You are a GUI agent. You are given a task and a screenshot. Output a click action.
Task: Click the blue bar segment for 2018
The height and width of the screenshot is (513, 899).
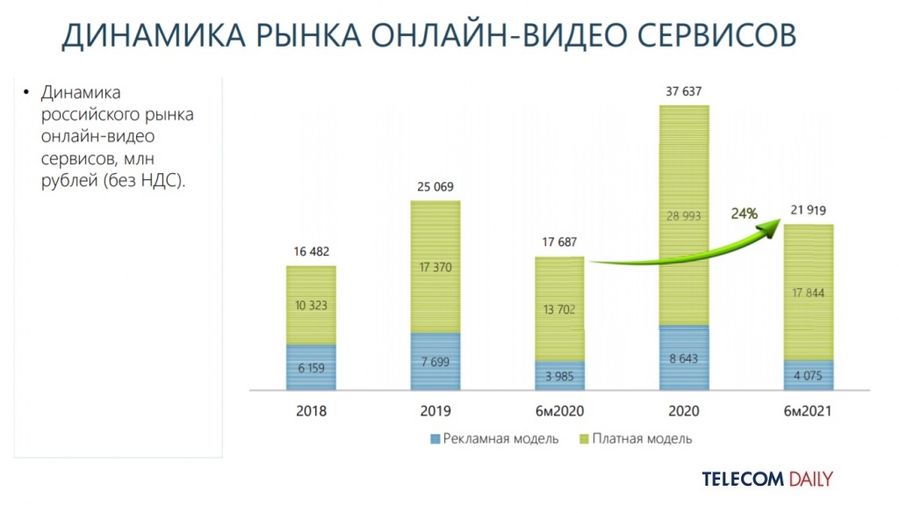pyautogui.click(x=310, y=367)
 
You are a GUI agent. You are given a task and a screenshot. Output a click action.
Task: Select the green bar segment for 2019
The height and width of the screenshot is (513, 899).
pyautogui.click(x=435, y=266)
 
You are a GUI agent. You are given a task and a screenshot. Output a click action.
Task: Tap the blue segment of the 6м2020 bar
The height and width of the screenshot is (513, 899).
pyautogui.click(x=559, y=375)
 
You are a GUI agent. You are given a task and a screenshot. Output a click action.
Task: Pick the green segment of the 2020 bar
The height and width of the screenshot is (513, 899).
pyautogui.click(x=683, y=215)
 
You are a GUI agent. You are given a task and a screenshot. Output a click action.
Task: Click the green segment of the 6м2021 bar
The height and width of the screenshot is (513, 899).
pyautogui.click(x=807, y=292)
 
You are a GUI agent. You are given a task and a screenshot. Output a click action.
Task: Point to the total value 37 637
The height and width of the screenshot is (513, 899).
pyautogui.click(x=683, y=91)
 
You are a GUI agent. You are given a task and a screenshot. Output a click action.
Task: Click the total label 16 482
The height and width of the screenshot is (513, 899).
pyautogui.click(x=311, y=252)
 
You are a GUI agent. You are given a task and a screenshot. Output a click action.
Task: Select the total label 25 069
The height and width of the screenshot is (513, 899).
pyautogui.click(x=435, y=186)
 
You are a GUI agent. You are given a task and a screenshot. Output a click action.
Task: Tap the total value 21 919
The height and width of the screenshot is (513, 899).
pyautogui.click(x=808, y=211)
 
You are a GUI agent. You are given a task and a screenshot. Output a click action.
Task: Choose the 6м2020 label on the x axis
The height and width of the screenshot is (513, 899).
pyautogui.click(x=559, y=411)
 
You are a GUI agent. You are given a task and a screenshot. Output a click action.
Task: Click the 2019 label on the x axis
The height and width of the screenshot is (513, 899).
pyautogui.click(x=435, y=411)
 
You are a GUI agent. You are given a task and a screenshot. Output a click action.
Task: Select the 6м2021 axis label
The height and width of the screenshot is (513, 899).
pyautogui.click(x=807, y=411)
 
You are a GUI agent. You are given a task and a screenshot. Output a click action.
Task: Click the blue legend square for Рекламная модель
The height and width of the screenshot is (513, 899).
pyautogui.click(x=435, y=438)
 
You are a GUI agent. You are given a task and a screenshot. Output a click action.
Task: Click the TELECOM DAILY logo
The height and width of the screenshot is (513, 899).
pyautogui.click(x=766, y=479)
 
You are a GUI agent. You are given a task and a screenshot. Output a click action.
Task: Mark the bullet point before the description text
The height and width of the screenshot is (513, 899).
pyautogui.click(x=26, y=92)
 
